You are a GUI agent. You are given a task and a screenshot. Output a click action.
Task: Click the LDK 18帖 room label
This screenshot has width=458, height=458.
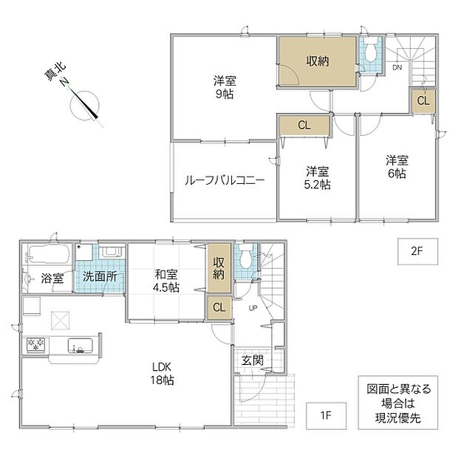(x=162, y=374)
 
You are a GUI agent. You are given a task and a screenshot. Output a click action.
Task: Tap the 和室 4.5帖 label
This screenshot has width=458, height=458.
(x=166, y=281)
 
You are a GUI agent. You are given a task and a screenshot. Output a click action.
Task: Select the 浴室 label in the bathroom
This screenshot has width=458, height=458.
(x=52, y=278)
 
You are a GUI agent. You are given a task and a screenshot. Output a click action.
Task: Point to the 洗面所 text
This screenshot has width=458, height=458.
(x=100, y=276)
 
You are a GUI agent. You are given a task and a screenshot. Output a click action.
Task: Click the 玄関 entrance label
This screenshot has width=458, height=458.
(x=253, y=360)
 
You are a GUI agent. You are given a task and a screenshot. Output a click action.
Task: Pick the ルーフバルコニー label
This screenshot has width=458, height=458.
(x=225, y=180)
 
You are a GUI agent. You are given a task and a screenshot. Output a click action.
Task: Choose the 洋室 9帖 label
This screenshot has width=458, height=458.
(x=225, y=87)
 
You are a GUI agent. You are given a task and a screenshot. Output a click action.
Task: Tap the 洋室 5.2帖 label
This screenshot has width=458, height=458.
(x=318, y=178)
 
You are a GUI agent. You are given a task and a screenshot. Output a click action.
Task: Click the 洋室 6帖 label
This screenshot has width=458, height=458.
(x=397, y=167)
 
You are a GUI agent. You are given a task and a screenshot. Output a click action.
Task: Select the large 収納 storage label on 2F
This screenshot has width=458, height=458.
(x=318, y=61)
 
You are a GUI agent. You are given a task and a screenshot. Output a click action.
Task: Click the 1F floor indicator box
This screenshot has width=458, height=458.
(x=326, y=416)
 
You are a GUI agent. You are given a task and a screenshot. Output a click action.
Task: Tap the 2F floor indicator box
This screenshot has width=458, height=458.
(x=417, y=251)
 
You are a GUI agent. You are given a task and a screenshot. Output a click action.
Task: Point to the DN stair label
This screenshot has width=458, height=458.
(x=397, y=68)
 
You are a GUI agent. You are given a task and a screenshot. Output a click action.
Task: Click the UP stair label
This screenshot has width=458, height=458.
(x=253, y=307)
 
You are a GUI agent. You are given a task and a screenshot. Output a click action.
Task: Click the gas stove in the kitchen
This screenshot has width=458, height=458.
(x=35, y=345)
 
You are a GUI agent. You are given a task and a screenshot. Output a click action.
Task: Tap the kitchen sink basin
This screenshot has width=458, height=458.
(x=81, y=345)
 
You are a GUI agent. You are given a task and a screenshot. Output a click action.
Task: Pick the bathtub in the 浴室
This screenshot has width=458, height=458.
(x=49, y=254)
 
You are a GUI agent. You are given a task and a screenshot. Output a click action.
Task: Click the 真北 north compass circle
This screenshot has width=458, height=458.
(x=85, y=106)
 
